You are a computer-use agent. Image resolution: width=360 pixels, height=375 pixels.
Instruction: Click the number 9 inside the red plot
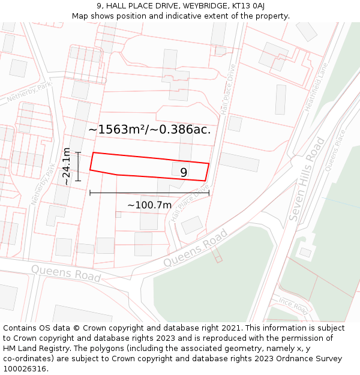pos(184,172)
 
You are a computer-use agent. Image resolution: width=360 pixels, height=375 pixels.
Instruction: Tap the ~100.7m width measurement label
pos(149,205)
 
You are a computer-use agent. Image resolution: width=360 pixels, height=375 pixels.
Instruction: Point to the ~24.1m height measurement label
pos(67,166)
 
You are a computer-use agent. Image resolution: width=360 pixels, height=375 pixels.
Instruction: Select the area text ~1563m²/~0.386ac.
pos(149,129)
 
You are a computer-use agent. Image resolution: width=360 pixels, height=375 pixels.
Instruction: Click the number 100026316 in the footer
pos(24,368)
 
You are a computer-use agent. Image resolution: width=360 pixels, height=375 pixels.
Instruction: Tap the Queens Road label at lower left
pos(66,273)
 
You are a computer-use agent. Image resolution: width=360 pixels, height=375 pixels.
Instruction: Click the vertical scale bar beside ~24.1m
pos(78,166)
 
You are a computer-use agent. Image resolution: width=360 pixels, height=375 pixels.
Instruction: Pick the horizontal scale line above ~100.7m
pos(149,193)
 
